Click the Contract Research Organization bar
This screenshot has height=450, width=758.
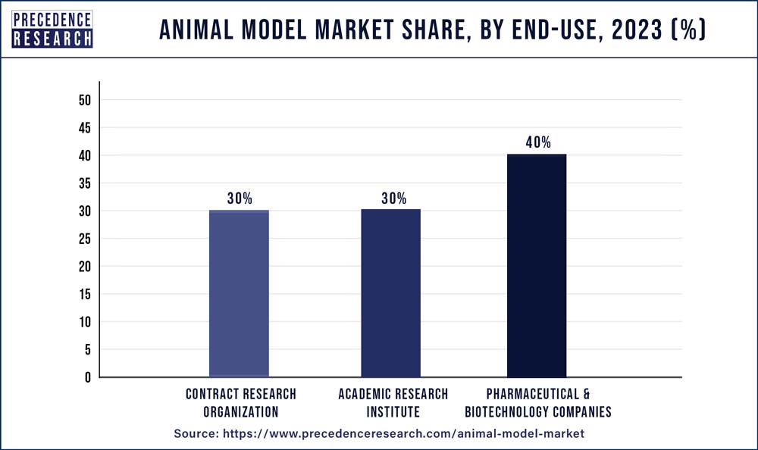pyautogui.click(x=239, y=293)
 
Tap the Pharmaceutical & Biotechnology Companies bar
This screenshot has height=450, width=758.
pyautogui.click(x=537, y=265)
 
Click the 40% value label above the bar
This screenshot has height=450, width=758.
pyautogui.click(x=537, y=142)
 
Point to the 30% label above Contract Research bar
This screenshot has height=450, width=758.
pyautogui.click(x=239, y=198)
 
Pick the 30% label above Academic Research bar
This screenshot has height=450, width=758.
pyautogui.click(x=390, y=198)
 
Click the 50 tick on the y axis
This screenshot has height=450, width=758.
pyautogui.click(x=84, y=100)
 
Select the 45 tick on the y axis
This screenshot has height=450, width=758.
pyautogui.click(x=84, y=128)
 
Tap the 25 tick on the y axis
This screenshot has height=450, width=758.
pyautogui.click(x=84, y=239)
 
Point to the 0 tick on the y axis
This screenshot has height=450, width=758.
pyautogui.click(x=88, y=377)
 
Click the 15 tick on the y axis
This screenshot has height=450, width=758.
pyautogui.click(x=84, y=294)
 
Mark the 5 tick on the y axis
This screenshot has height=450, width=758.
pyautogui.click(x=88, y=349)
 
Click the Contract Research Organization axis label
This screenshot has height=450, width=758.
pyautogui.click(x=240, y=403)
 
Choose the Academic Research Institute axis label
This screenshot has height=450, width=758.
pyautogui.click(x=393, y=403)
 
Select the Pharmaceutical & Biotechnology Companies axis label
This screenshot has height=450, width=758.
pyautogui.click(x=538, y=403)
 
